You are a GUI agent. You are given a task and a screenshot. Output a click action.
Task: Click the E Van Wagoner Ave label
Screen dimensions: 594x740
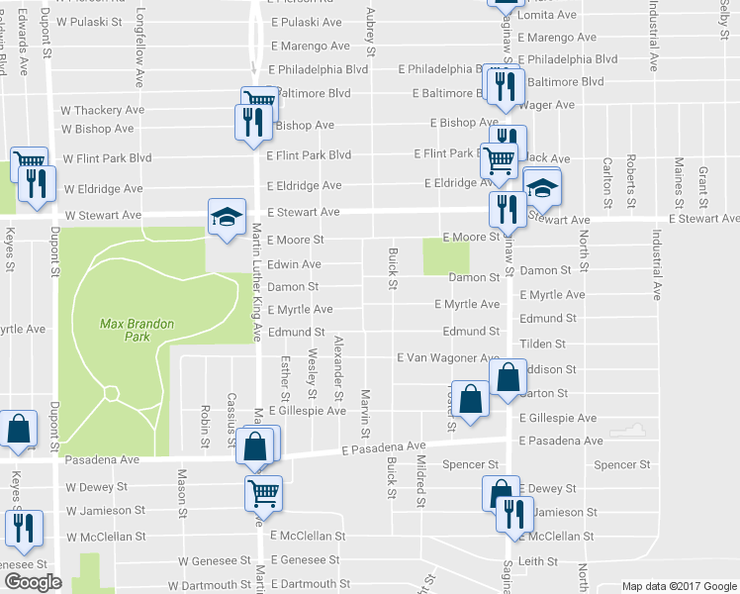[448, 357]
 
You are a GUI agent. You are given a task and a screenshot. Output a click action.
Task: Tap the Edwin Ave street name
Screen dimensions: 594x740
[294, 264]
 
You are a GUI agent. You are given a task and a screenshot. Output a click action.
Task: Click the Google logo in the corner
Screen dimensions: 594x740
[32, 581]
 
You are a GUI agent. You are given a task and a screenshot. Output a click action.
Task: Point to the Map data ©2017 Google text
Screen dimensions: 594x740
[678, 585]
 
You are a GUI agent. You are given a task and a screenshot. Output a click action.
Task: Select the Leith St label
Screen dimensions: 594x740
[538, 561]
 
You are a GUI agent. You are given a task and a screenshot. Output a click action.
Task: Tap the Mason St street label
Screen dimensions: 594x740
[182, 484]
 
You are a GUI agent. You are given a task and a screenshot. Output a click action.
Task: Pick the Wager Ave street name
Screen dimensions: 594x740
[546, 104]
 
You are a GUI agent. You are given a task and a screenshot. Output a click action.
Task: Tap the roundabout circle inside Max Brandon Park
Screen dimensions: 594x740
[112, 394]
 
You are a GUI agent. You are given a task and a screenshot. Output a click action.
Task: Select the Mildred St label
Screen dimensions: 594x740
[419, 478]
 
